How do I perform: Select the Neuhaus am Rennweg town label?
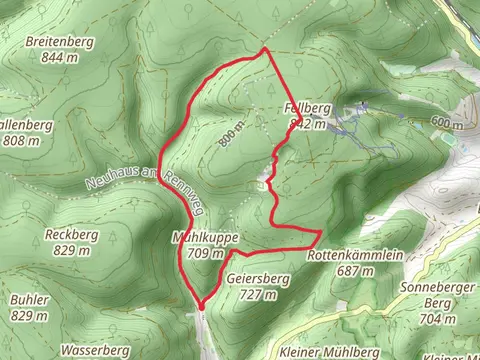[136, 176]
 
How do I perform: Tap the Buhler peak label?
[27, 299]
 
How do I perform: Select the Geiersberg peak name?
[258, 279]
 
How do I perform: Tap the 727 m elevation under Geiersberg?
[257, 294]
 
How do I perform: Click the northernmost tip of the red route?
[264, 48]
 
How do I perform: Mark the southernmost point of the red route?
[200, 306]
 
